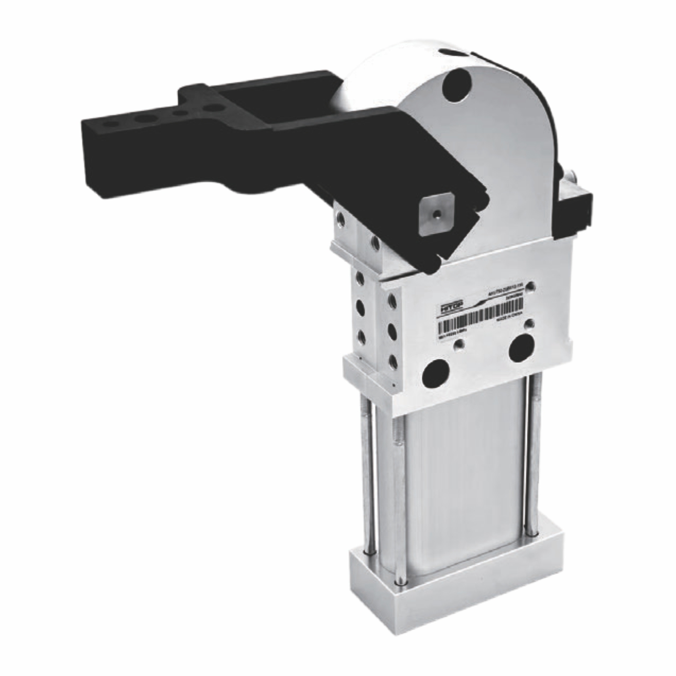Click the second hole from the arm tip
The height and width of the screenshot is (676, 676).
(x=143, y=119)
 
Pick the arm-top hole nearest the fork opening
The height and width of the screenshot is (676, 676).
(x=212, y=107)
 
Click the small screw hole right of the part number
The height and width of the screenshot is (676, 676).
(x=532, y=286)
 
